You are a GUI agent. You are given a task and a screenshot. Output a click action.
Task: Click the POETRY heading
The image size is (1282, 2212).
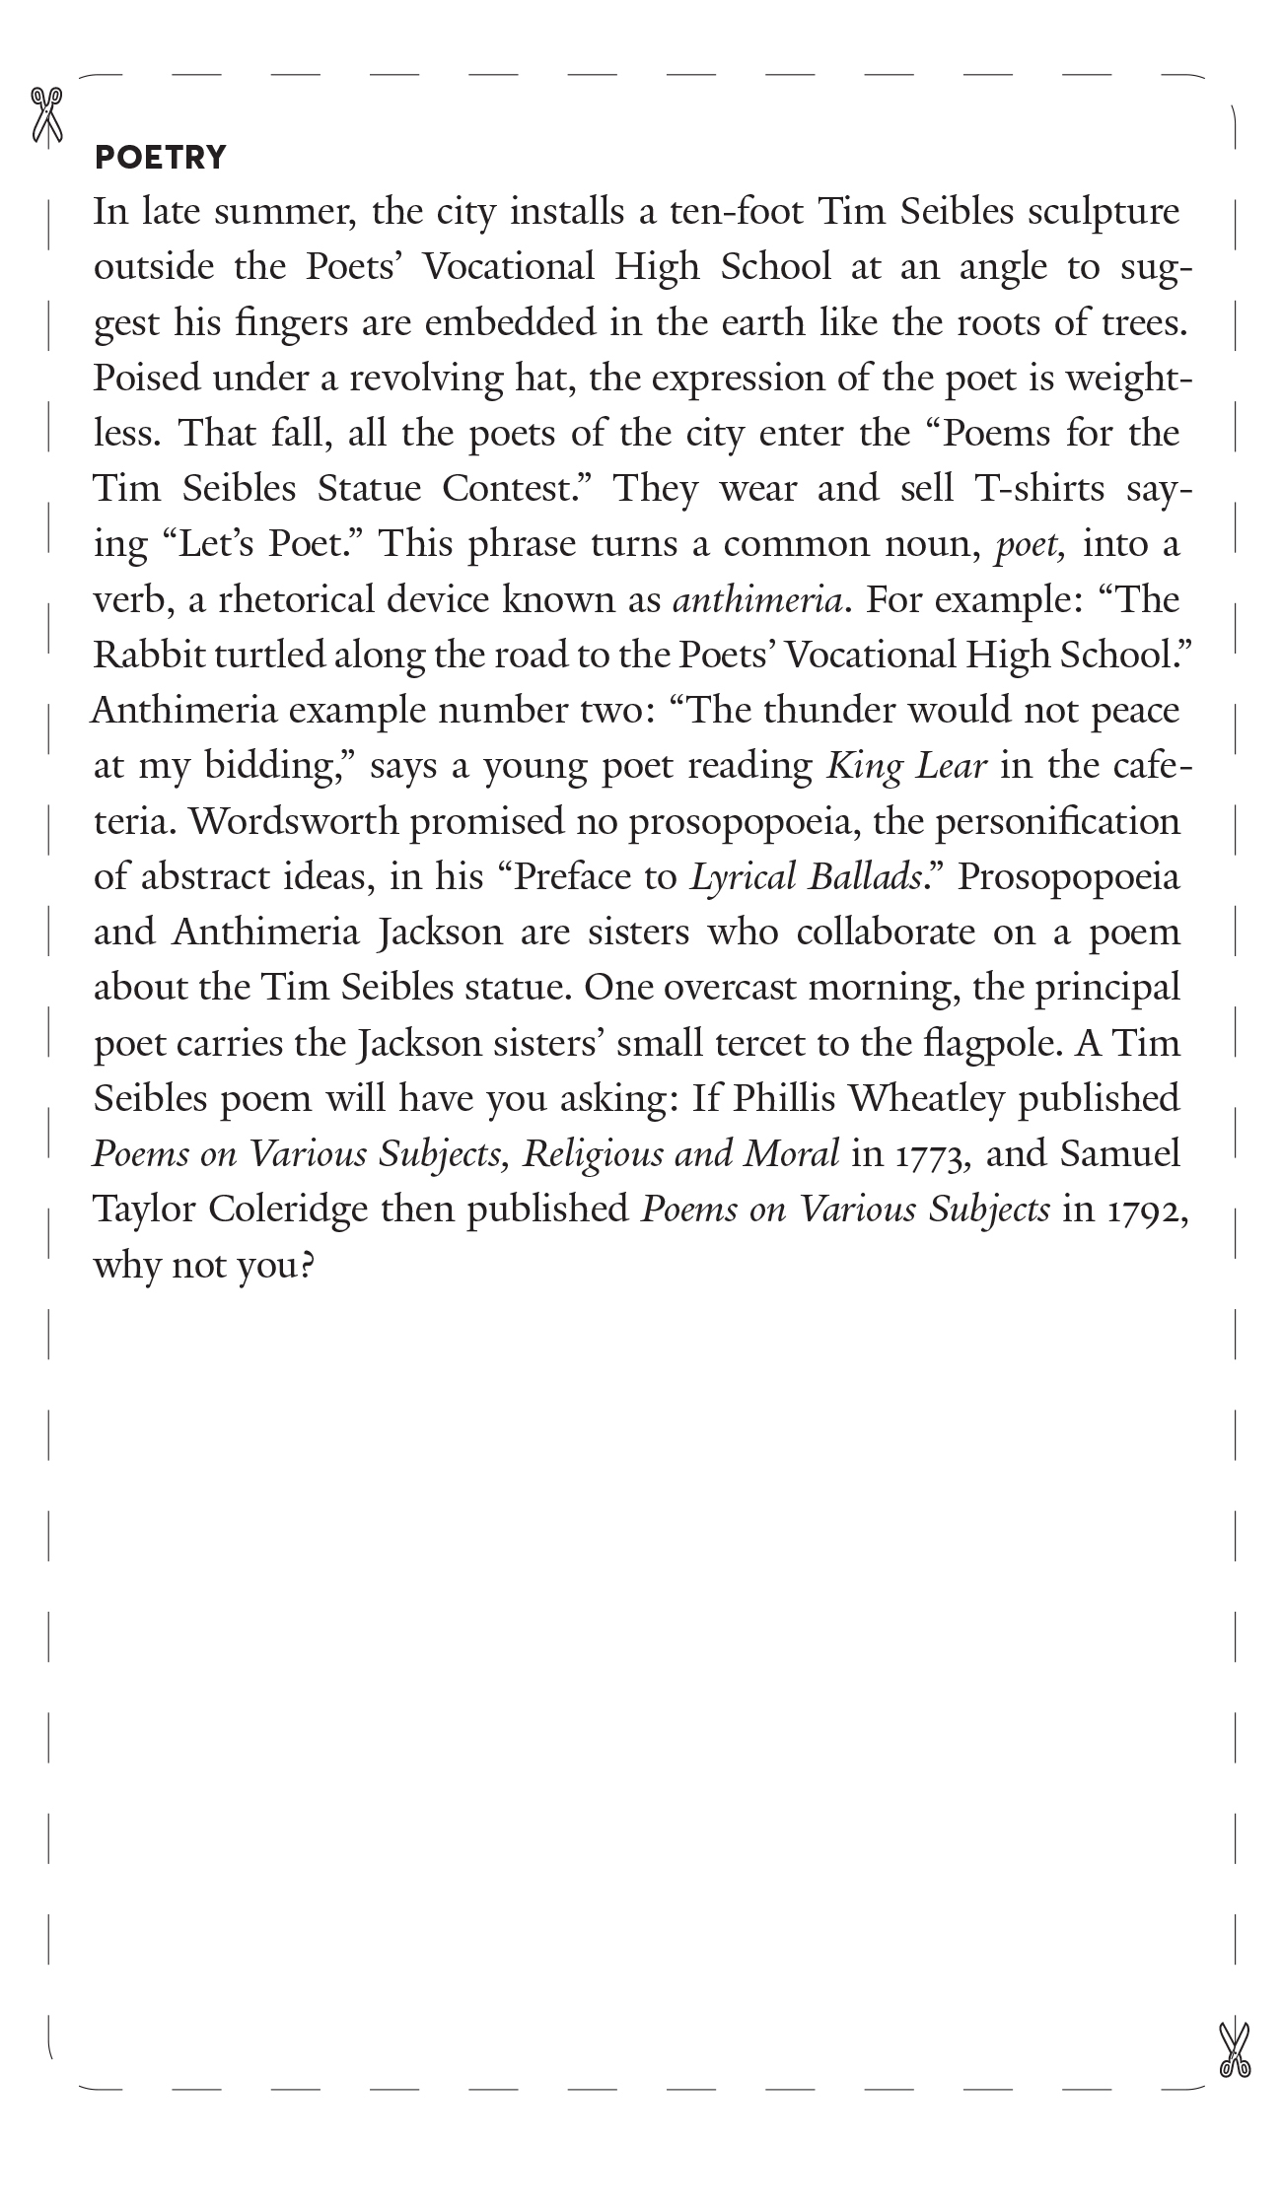point(160,157)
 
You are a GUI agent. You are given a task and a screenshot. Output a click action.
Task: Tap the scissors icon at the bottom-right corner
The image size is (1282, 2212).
point(1234,2050)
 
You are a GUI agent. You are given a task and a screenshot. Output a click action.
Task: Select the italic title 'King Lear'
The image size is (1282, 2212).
point(906,766)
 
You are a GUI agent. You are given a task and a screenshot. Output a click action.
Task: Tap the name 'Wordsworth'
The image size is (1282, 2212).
point(293,821)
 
